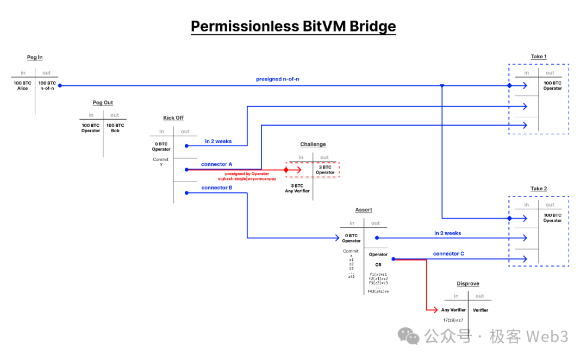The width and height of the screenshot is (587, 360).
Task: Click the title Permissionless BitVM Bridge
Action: (293, 26)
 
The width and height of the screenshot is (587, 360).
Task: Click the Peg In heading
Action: (35, 57)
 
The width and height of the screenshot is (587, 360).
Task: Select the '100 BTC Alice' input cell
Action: (22, 85)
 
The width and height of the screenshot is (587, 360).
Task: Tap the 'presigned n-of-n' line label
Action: (277, 79)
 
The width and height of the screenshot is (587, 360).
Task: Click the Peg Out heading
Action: (103, 103)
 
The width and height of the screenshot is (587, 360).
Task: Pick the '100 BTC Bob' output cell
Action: (115, 128)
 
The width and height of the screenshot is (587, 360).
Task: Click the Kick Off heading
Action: (173, 118)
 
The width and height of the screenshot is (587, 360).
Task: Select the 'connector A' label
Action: (216, 164)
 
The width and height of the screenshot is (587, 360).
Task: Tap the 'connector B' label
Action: (217, 188)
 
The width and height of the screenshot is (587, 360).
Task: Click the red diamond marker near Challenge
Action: (286, 170)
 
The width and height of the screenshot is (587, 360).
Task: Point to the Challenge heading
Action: (313, 144)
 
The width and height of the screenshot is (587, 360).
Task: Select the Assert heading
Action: (364, 210)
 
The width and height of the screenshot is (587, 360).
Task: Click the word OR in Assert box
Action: (378, 265)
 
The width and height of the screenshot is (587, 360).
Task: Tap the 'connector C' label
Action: (448, 254)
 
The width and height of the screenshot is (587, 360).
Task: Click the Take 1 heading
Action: (539, 57)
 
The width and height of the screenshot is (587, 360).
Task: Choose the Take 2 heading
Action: (539, 189)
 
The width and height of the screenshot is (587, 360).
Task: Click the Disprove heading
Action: (467, 284)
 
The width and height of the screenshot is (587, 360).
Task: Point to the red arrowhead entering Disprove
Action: (435, 310)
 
